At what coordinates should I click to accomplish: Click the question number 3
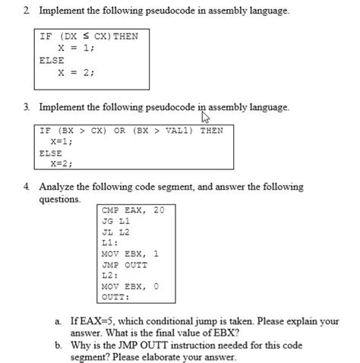coord(26,107)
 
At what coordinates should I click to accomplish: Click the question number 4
coord(26,187)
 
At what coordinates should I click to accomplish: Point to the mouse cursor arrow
coord(203,115)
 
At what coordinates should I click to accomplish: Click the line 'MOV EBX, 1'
coord(130,254)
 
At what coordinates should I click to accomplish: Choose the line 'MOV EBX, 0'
coord(130,286)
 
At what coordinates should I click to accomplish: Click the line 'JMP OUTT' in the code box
coord(125,264)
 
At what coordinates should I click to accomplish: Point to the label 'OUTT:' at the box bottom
coord(115,297)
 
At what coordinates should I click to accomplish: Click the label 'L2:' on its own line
coord(109,276)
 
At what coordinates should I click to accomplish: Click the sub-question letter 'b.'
coord(58,345)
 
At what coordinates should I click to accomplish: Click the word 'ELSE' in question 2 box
coord(52,60)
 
